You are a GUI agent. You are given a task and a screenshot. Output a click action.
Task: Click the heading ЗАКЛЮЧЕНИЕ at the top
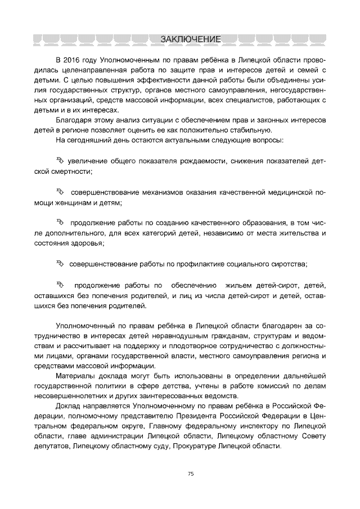pos(190,39)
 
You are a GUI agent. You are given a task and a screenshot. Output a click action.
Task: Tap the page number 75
pos(191,474)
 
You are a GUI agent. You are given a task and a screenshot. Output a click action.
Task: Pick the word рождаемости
pos(201,161)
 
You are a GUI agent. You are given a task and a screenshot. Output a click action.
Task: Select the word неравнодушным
pos(156,336)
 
